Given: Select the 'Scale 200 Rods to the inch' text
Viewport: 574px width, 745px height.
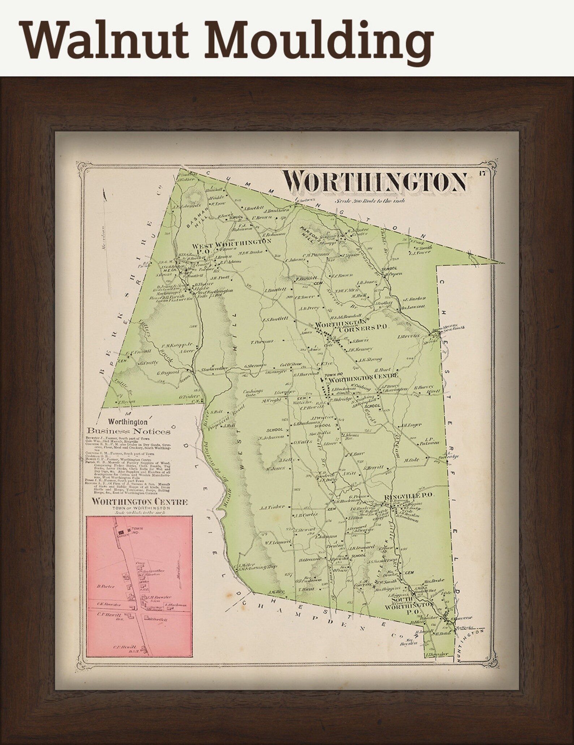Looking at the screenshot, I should [x=369, y=201].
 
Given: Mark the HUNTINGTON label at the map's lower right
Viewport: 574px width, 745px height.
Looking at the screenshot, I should [x=471, y=646].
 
